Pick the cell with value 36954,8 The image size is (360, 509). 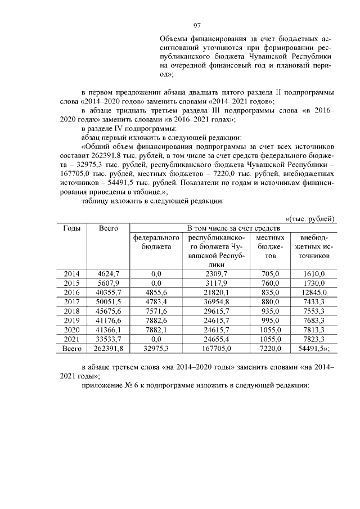coord(211,301)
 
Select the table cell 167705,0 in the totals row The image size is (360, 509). coord(211,349)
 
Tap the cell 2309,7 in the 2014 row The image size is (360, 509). coord(211,273)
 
